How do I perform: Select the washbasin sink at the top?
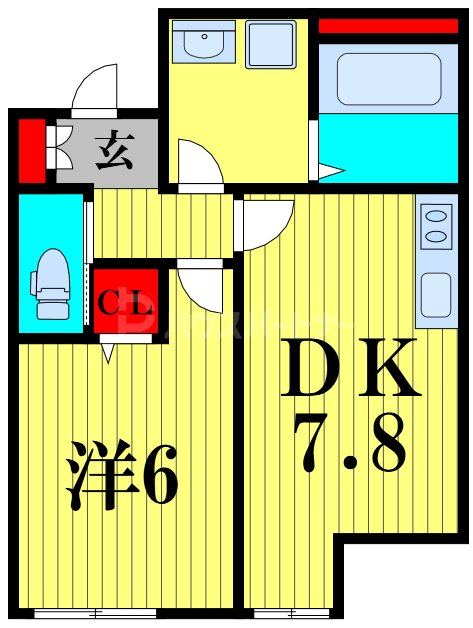203,44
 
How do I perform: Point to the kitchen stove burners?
435,225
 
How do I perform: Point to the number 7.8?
349,440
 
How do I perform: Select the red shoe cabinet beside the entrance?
32,151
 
